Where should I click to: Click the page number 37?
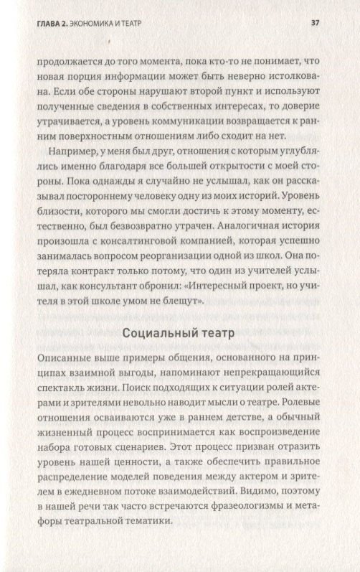pyautogui.click(x=315, y=22)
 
